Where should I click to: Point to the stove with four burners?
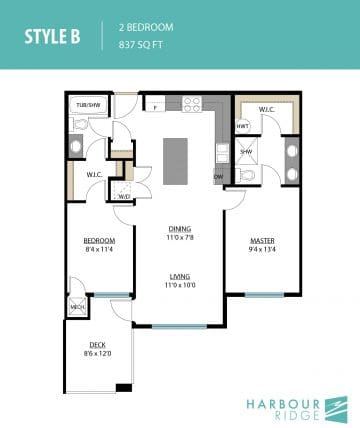point(192,103)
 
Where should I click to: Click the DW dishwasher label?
point(218,177)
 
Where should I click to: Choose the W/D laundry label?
point(124,196)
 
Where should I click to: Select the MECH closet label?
point(76,308)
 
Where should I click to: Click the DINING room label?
point(181,227)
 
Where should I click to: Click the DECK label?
point(97,345)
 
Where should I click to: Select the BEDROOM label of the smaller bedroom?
point(100,240)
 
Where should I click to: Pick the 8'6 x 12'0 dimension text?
point(97,355)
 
